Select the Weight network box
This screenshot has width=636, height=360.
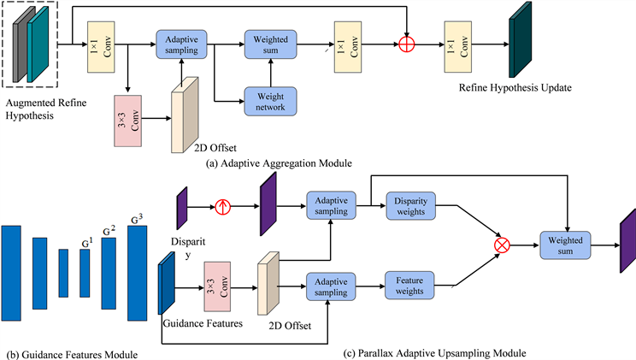click(x=269, y=97)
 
